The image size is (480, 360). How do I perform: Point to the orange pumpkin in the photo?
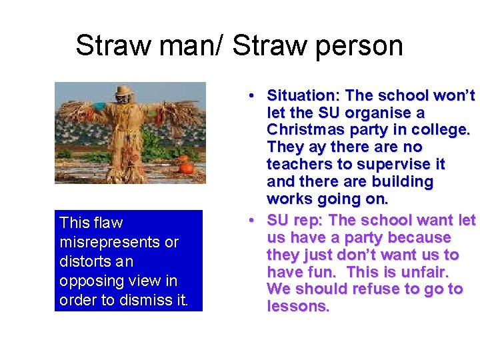186,168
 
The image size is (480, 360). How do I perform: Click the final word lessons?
298,306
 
